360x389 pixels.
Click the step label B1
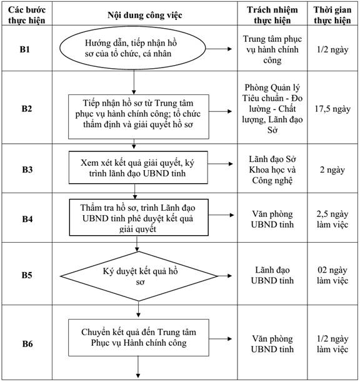point(25,49)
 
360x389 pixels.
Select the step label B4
point(27,219)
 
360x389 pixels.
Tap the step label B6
point(27,344)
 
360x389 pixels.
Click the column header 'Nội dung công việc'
point(145,15)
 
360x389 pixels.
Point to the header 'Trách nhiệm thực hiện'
point(272,15)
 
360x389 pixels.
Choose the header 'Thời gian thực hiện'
point(332,15)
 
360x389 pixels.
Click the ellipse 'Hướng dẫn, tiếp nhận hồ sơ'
point(132,48)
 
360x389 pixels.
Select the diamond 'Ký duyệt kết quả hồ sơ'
point(139,276)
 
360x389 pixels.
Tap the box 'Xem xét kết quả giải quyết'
point(138,168)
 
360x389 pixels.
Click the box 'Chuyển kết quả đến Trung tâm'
point(139,337)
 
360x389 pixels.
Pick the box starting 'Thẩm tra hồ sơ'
point(139,217)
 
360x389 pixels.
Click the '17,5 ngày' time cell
point(332,109)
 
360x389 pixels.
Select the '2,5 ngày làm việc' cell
point(332,220)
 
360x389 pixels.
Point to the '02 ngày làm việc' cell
point(332,275)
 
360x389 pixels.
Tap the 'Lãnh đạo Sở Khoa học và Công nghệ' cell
point(272,169)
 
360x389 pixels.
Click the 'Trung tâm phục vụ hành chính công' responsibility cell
point(272,49)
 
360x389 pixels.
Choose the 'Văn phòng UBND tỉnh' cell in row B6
point(272,344)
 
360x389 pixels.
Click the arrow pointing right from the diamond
point(224,276)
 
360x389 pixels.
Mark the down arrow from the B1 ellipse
point(134,82)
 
